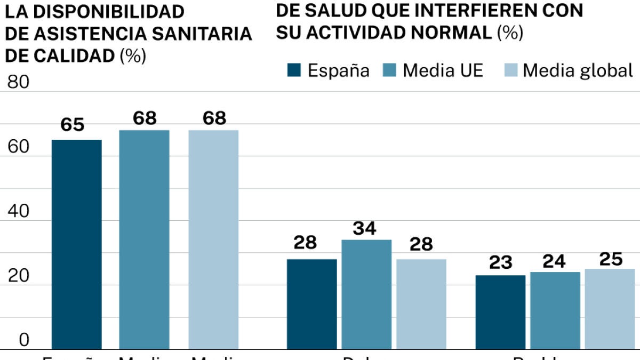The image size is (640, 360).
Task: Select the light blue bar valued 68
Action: (x=213, y=239)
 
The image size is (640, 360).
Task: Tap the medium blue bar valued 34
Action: (x=366, y=294)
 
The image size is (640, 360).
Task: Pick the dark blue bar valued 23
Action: (x=500, y=312)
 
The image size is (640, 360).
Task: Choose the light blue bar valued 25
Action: (x=610, y=309)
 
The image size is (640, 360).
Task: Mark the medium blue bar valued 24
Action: (x=555, y=310)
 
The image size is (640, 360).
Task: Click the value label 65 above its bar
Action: (x=73, y=125)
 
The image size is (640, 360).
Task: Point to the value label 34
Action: (x=365, y=229)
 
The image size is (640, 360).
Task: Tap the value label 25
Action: (x=611, y=259)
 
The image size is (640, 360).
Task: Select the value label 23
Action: (x=500, y=262)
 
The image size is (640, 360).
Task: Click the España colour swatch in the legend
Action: (x=294, y=70)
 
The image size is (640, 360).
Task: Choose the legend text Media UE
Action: (x=443, y=70)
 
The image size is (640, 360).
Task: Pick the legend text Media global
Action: (x=578, y=70)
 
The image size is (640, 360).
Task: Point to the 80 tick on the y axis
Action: (x=18, y=83)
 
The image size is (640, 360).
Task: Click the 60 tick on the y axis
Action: (x=18, y=147)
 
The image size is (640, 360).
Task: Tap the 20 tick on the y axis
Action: (x=18, y=276)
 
